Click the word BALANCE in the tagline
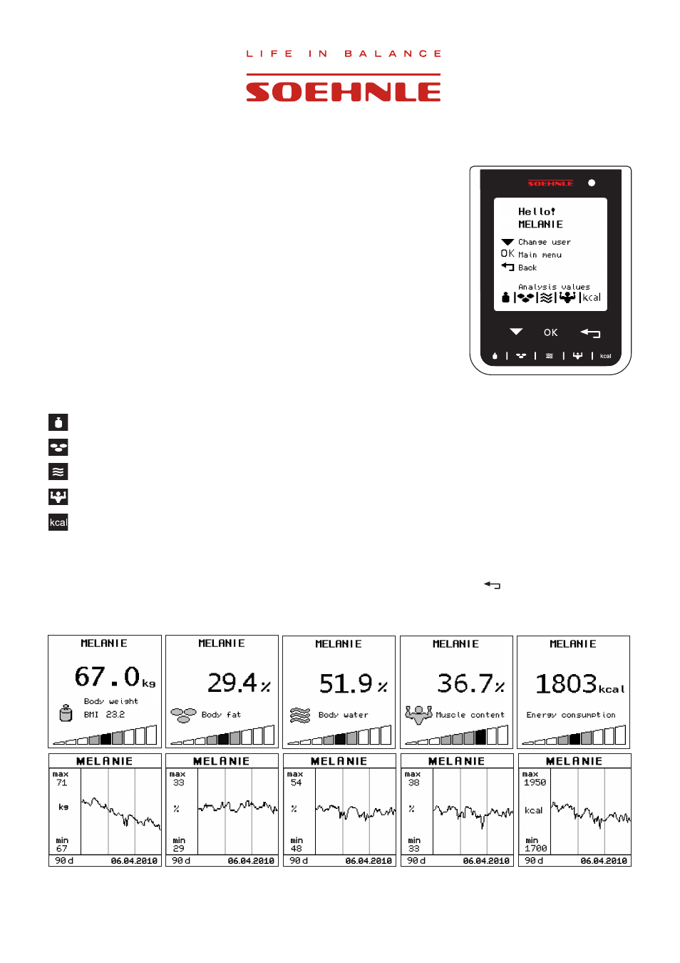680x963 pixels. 393,53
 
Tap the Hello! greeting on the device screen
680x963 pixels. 537,212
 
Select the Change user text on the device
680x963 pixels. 545,242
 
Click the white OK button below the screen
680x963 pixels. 550,332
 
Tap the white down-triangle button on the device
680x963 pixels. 516,332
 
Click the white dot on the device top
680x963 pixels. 592,183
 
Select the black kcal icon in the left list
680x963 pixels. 58,522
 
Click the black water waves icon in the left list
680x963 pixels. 58,472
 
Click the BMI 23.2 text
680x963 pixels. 104,715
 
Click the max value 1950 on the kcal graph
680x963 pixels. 535,783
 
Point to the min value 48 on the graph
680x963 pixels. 296,849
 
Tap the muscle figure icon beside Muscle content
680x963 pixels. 418,715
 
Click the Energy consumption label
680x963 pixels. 571,715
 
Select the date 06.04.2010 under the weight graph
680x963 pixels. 134,861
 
